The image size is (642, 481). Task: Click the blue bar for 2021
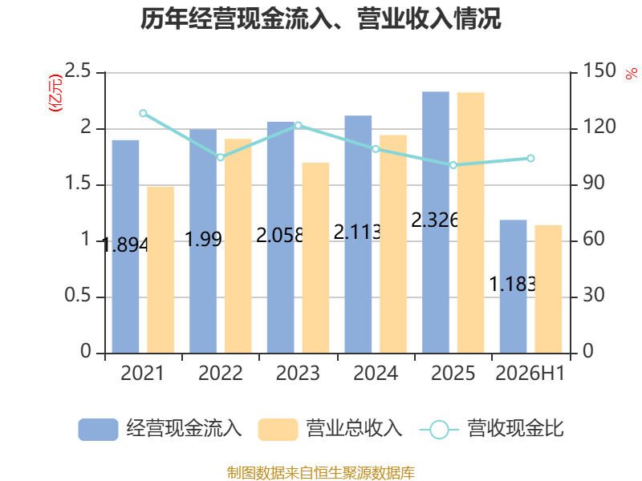tap(125, 247)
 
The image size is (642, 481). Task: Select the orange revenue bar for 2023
tap(315, 258)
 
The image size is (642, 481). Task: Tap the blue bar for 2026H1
tap(513, 287)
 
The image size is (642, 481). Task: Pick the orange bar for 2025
tap(471, 223)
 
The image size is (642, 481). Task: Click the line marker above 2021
tap(143, 113)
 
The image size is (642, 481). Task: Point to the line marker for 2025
tap(453, 165)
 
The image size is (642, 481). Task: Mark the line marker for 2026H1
tap(530, 158)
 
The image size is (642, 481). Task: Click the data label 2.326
tap(434, 220)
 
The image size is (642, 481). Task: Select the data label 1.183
tap(513, 285)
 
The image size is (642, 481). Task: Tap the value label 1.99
tap(204, 239)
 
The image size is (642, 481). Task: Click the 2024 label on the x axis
tap(376, 373)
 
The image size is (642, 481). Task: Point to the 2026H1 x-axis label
tap(530, 373)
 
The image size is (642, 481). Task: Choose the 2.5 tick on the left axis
tap(78, 71)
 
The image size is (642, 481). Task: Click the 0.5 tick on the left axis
tap(78, 295)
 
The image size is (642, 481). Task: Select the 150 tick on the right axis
tap(599, 71)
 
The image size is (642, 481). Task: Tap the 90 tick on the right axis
tap(594, 183)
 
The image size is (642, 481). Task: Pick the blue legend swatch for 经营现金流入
tap(98, 430)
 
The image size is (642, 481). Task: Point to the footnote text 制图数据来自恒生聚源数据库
tap(321, 473)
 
